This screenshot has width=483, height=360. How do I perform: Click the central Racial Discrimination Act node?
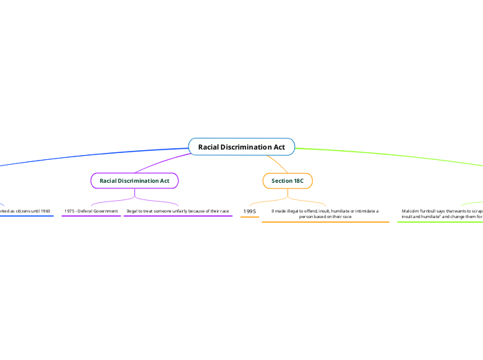click(241, 147)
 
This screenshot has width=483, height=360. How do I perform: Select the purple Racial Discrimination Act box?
click(134, 181)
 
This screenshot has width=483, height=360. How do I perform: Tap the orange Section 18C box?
click(288, 181)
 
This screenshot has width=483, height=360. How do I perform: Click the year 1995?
click(250, 210)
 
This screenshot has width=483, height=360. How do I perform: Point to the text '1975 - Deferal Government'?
click(91, 210)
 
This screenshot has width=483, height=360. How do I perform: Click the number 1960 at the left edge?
click(45, 210)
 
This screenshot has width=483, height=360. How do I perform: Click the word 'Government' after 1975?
click(105, 210)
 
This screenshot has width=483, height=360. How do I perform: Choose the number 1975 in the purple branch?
click(69, 210)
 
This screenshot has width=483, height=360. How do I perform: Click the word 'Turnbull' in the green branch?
click(432, 210)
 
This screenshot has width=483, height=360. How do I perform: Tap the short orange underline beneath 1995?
click(249, 217)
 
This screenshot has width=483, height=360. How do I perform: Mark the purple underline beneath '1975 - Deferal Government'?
click(91, 216)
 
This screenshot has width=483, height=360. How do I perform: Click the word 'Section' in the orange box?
click(282, 181)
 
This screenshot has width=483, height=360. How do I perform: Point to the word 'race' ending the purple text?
click(224, 210)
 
